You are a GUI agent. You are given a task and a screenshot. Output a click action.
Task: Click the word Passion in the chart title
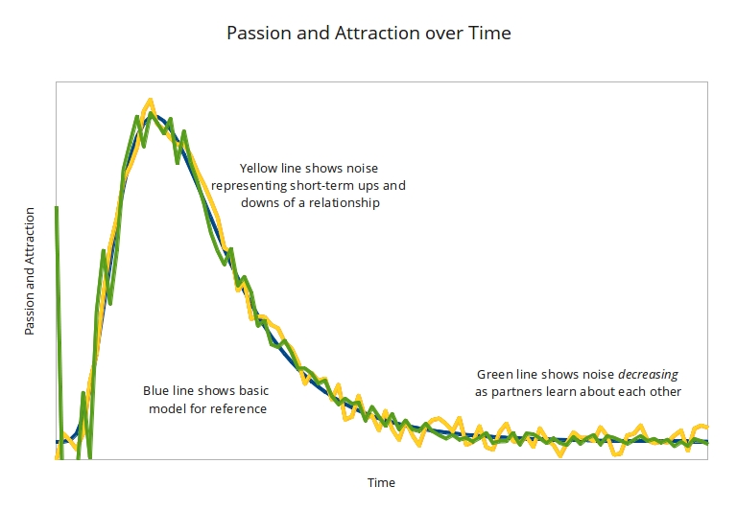256,33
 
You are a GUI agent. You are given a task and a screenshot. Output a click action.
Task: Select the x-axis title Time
381,482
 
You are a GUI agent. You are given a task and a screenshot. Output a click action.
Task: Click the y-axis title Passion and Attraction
30,270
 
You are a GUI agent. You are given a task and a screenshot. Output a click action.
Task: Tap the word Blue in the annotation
156,391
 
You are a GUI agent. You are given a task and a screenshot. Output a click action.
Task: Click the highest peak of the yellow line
150,100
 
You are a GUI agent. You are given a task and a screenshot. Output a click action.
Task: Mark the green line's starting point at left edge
58,208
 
